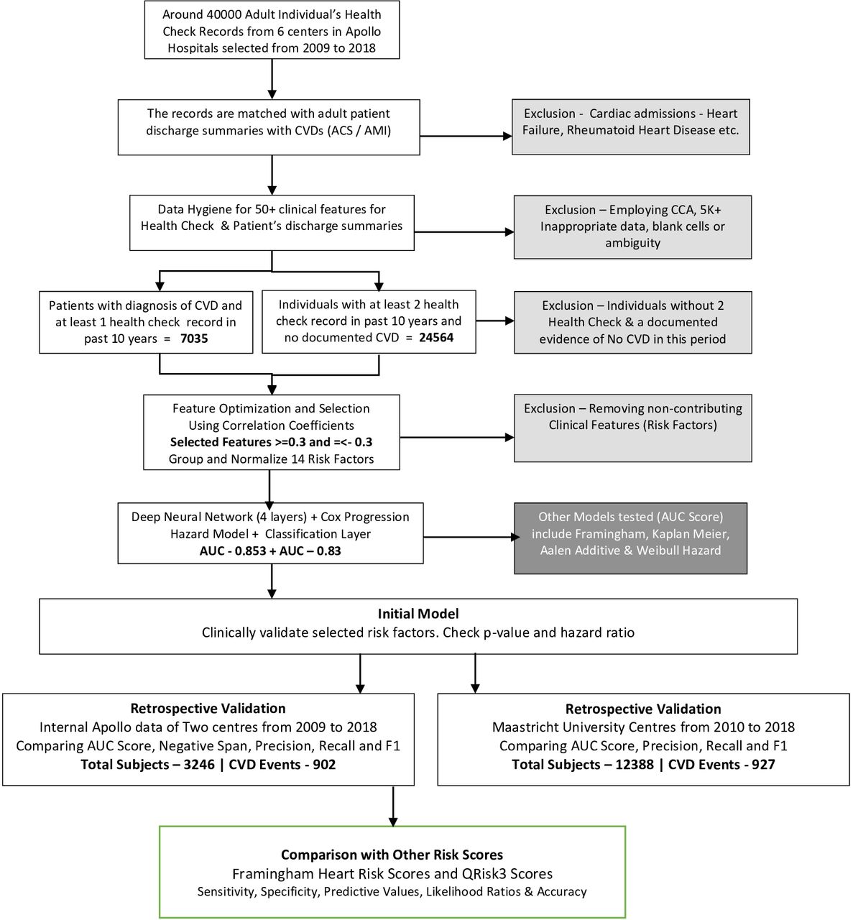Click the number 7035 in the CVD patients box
click(193, 339)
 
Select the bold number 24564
click(436, 338)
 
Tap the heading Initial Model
click(418, 614)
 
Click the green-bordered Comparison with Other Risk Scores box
click(392, 872)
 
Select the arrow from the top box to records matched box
click(272, 78)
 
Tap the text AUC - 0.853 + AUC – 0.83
click(270, 551)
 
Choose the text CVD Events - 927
click(721, 764)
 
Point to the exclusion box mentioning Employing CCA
click(632, 226)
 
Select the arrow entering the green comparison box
click(392, 806)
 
